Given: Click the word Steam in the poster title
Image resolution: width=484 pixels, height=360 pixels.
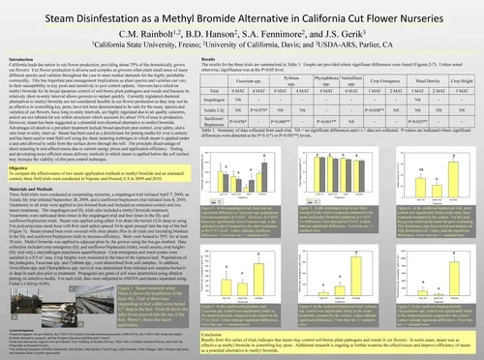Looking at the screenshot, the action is point(80,15).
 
